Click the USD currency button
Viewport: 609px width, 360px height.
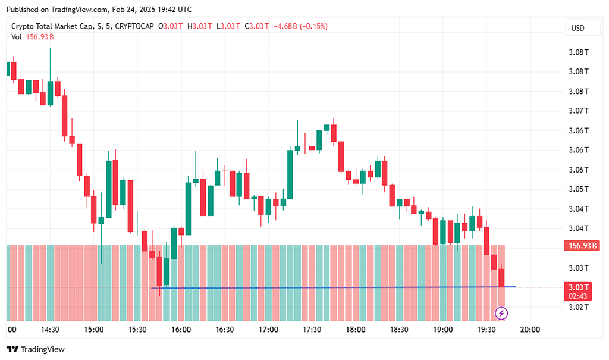tap(577, 28)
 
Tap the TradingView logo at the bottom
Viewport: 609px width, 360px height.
tap(36, 349)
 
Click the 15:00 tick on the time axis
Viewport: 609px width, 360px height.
tap(94, 330)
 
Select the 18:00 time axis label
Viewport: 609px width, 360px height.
tap(356, 330)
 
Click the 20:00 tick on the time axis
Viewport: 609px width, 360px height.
tap(530, 330)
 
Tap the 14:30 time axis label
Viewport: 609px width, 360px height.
tap(50, 330)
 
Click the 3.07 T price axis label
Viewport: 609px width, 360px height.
tap(579, 111)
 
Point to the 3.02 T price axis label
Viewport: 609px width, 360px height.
tap(579, 308)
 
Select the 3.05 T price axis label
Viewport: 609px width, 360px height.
tap(579, 189)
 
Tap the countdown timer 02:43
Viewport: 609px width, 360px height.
tap(579, 296)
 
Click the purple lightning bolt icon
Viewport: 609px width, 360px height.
tap(501, 313)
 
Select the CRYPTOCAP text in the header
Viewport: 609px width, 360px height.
tap(134, 26)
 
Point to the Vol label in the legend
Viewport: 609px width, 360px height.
tap(17, 37)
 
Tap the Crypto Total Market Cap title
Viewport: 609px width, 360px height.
tap(51, 26)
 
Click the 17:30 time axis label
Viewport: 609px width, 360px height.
tap(312, 330)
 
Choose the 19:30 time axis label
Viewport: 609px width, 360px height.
tap(486, 330)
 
